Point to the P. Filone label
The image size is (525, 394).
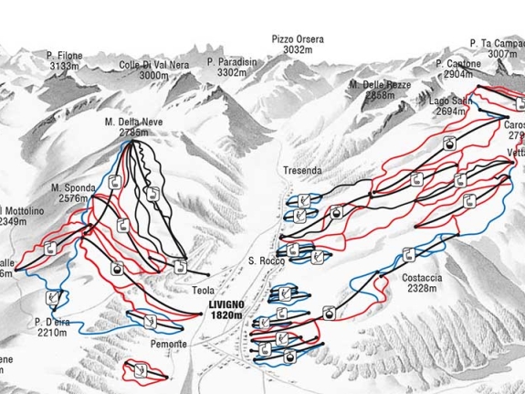click(66, 56)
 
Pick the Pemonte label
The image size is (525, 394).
click(170, 344)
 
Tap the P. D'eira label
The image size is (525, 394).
click(51, 322)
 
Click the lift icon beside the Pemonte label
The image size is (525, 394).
click(150, 321)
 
